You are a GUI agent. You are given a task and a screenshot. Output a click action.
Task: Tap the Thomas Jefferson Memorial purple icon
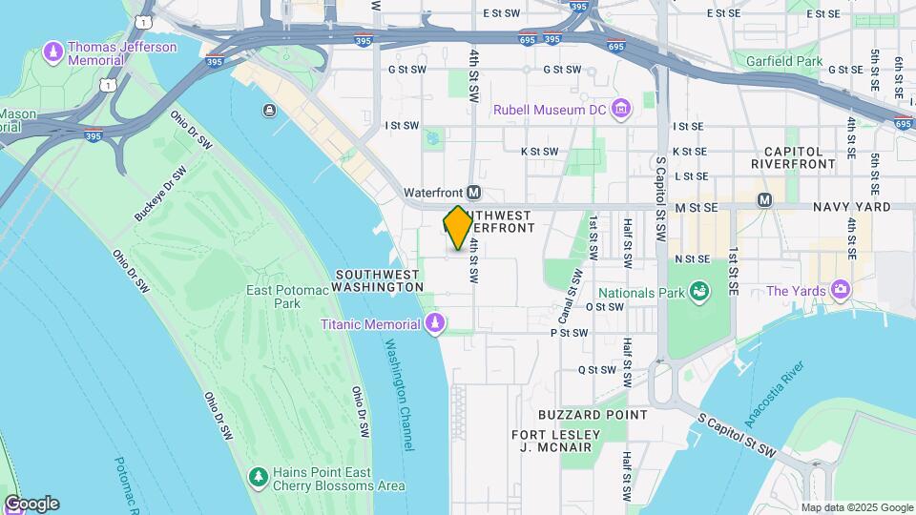click(53, 49)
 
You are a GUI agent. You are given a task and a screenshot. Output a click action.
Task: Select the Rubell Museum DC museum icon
click(622, 110)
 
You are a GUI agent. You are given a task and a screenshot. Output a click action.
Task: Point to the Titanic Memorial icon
click(435, 324)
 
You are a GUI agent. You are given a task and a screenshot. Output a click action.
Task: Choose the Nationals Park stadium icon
click(698, 290)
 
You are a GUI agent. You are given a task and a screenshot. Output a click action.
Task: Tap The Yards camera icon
click(840, 289)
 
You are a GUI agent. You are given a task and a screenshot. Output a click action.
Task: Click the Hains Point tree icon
click(256, 476)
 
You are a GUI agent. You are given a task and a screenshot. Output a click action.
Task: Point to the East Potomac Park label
click(273, 297)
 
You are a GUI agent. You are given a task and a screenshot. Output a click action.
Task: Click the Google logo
click(31, 504)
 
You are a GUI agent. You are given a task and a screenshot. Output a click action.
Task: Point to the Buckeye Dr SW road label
click(161, 196)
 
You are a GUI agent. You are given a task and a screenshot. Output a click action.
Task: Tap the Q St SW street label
click(595, 369)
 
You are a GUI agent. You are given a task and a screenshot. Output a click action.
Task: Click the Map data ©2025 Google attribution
click(857, 507)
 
